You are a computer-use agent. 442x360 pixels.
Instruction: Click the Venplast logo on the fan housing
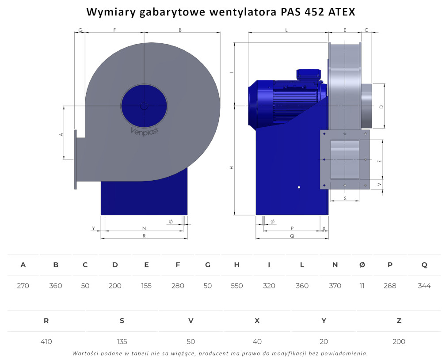point(145,131)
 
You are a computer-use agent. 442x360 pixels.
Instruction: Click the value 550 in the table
point(237,286)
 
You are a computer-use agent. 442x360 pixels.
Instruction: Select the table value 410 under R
point(46,341)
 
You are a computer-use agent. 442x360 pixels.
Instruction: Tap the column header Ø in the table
point(362,265)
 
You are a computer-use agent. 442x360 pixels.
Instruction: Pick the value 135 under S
point(122,341)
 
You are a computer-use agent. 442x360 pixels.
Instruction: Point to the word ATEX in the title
point(342,12)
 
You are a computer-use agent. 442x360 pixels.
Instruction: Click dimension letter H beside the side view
point(232,168)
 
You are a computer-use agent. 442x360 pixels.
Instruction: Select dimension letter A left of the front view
point(61,135)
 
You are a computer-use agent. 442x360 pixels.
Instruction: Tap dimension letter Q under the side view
point(292,236)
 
